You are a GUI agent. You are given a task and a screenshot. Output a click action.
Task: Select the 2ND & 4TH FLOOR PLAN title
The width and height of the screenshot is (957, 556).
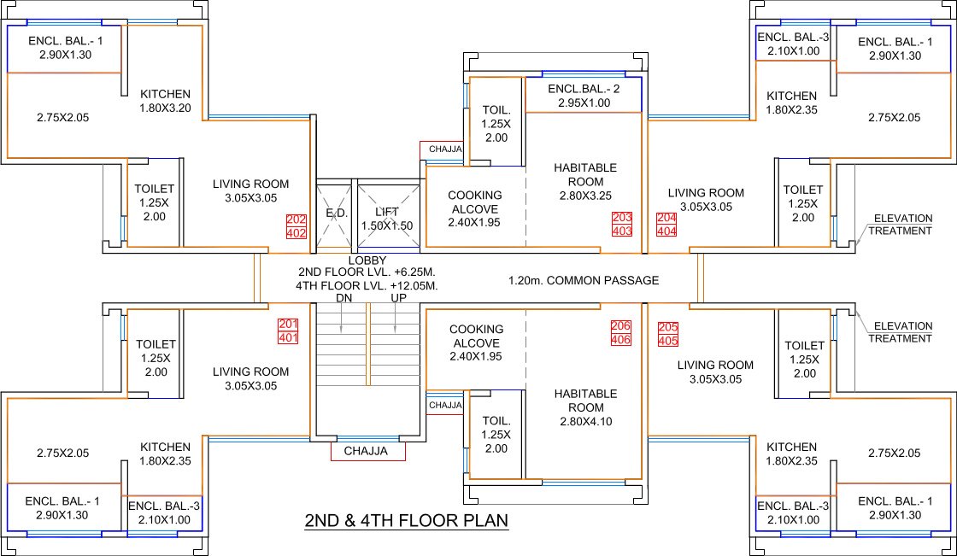[407, 520]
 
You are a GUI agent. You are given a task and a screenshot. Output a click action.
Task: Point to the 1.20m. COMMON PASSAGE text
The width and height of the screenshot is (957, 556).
[584, 280]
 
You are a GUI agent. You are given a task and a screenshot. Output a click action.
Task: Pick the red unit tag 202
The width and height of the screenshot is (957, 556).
[296, 219]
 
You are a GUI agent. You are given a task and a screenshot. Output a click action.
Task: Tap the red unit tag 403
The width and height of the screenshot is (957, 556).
[622, 231]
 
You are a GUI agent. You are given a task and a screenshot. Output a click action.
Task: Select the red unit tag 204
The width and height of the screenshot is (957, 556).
[665, 219]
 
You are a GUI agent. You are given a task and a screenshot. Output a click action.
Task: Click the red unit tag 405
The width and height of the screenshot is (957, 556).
[666, 341]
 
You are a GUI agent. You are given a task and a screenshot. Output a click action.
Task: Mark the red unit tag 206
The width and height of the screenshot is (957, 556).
[621, 326]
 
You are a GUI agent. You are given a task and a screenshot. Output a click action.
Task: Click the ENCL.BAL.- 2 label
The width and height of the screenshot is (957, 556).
[584, 89]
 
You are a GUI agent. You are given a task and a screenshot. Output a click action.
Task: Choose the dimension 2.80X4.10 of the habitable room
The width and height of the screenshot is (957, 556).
[585, 421]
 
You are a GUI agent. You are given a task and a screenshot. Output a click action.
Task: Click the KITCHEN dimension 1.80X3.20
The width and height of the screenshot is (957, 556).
[166, 108]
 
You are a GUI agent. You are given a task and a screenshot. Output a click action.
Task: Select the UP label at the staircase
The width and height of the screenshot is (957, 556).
[397, 298]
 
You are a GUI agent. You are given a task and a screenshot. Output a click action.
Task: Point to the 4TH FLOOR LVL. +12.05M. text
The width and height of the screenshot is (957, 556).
[367, 285]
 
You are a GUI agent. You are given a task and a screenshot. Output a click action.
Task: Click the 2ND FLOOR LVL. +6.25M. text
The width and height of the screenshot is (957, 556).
[367, 272]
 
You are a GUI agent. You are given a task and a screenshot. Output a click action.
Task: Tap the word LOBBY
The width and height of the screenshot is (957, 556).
[367, 260]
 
